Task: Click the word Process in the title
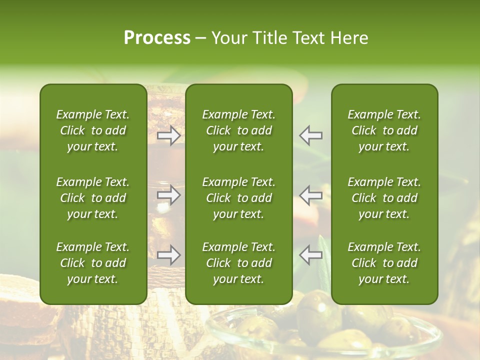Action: click(157, 38)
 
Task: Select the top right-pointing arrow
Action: click(168, 135)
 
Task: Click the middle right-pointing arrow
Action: click(168, 195)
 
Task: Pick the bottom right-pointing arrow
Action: click(168, 255)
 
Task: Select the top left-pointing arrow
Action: click(311, 135)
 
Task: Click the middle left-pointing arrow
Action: click(311, 195)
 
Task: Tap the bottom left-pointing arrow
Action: click(311, 255)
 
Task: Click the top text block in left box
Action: click(93, 130)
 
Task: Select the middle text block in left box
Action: click(93, 198)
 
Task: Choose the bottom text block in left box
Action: click(93, 263)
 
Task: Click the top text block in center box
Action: click(239, 130)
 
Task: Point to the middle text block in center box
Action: click(239, 198)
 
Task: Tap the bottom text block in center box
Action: click(239, 263)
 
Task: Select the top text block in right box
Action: click(384, 130)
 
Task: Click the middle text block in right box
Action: click(384, 198)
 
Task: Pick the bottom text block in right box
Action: click(384, 263)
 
